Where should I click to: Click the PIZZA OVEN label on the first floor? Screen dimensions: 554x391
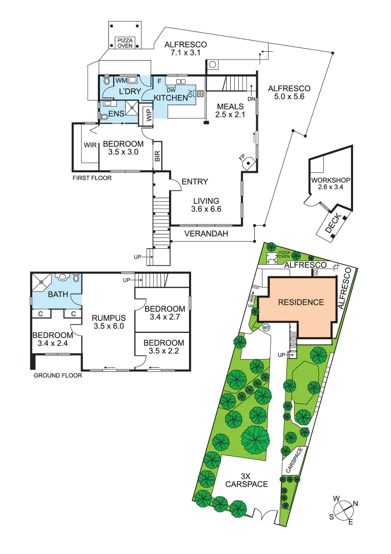(x=125, y=43)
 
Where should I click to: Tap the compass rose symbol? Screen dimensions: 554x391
(x=344, y=509)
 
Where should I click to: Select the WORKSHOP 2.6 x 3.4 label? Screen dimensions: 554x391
(x=330, y=184)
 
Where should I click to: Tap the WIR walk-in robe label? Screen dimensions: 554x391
(x=90, y=145)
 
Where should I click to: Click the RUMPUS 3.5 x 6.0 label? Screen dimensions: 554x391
(x=108, y=322)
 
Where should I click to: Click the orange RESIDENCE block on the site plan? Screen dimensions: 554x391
(x=301, y=302)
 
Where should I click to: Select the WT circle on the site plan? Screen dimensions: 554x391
(x=266, y=327)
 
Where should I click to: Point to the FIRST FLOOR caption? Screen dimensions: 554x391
(x=91, y=178)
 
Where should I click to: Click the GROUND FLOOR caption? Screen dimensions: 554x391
(x=57, y=375)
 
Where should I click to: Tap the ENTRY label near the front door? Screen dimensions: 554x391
(x=195, y=182)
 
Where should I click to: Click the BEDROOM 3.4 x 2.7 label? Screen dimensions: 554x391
(x=164, y=313)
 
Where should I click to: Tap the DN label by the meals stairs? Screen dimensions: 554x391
(x=251, y=99)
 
